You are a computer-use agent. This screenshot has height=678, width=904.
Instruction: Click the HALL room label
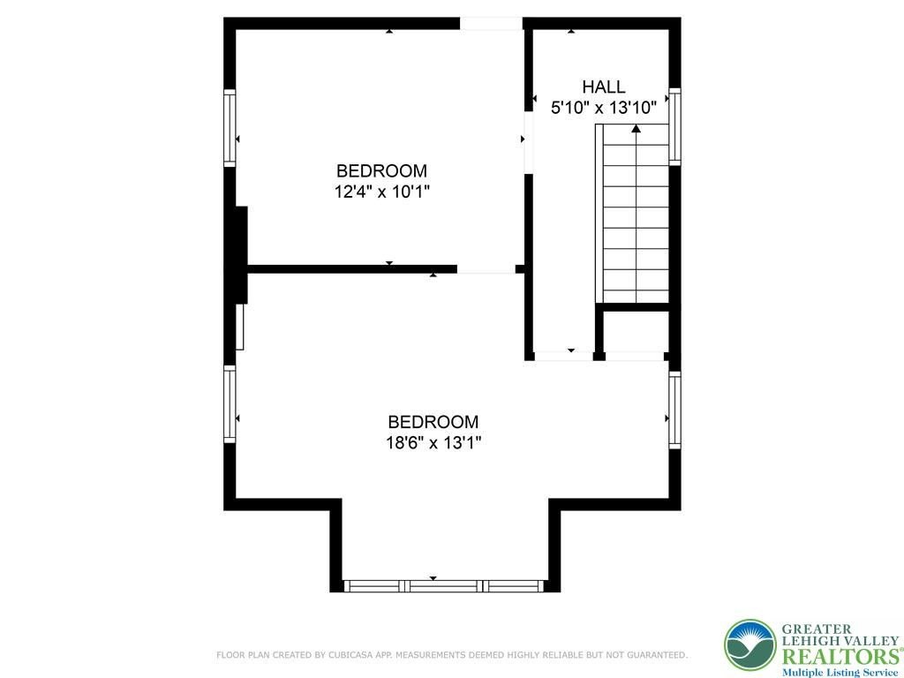pyautogui.click(x=603, y=87)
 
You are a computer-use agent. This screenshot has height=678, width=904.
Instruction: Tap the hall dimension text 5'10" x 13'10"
pyautogui.click(x=604, y=108)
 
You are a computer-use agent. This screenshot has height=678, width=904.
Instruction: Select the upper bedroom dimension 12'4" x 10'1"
pyautogui.click(x=382, y=192)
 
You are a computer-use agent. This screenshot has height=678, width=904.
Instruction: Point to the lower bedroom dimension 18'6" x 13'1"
pyautogui.click(x=433, y=443)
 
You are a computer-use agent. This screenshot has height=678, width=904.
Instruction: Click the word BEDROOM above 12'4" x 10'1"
pyautogui.click(x=381, y=170)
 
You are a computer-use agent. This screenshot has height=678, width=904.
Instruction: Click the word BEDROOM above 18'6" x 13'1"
pyautogui.click(x=433, y=422)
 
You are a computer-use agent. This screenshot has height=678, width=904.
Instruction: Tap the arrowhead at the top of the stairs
pyautogui.click(x=636, y=129)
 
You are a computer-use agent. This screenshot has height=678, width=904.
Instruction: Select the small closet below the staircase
pyautogui.click(x=634, y=331)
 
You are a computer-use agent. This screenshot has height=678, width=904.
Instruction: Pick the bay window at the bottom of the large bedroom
pyautogui.click(x=444, y=586)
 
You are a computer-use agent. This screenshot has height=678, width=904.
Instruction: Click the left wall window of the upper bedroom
pyautogui.click(x=230, y=128)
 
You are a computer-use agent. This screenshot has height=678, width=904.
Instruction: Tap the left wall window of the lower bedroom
pyautogui.click(x=230, y=403)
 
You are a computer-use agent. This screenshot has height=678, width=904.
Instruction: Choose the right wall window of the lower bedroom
pyautogui.click(x=674, y=410)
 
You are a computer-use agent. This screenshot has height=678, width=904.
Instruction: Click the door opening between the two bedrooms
pyautogui.click(x=486, y=269)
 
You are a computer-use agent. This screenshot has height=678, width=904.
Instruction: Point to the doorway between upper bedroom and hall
pyautogui.click(x=528, y=142)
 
